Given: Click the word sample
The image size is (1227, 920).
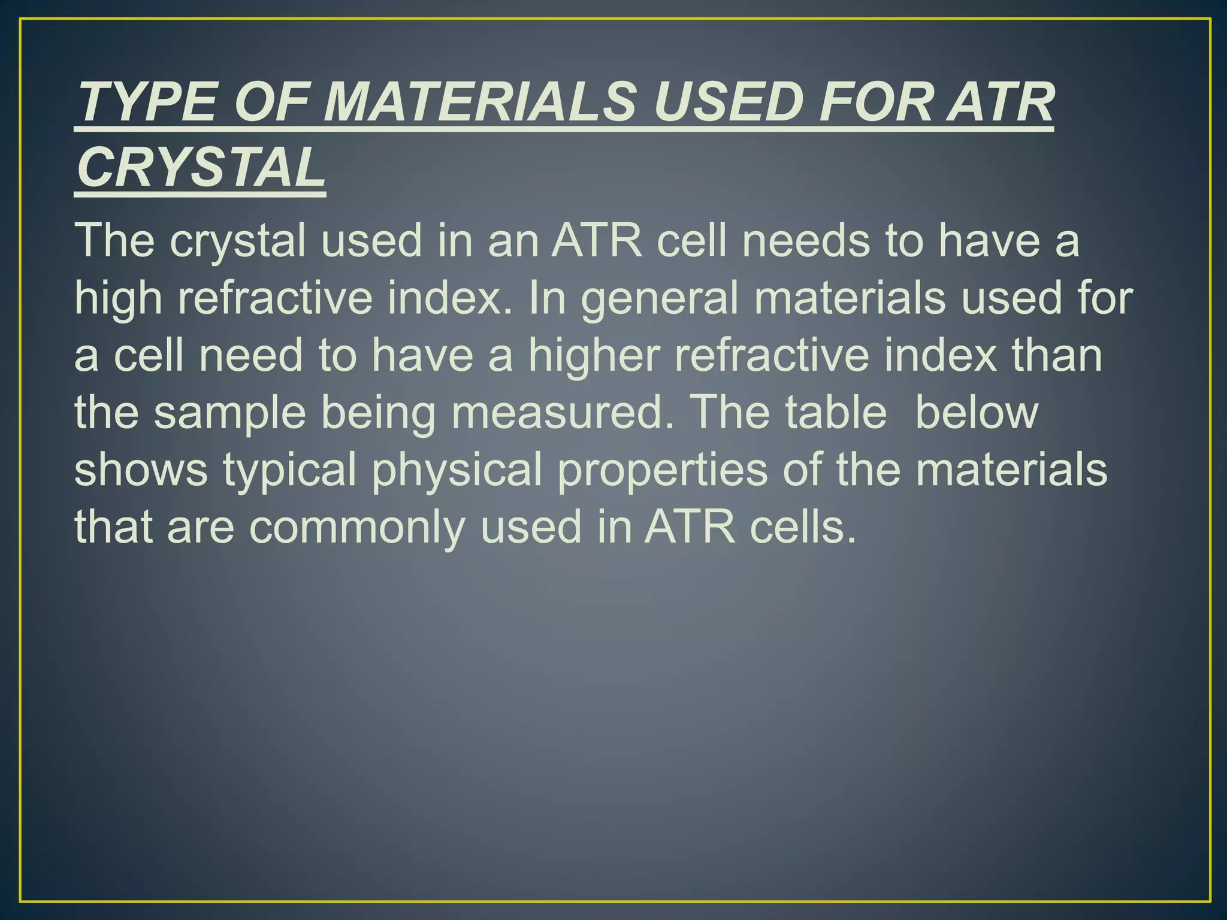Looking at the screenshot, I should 230,413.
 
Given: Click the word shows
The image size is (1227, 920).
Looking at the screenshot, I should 141,470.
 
